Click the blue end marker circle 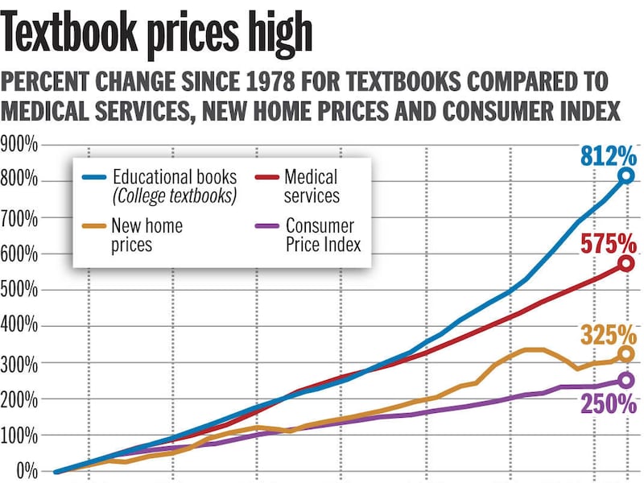(x=626, y=175)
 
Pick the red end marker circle (x=626, y=263)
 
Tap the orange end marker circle (x=626, y=353)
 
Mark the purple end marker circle (x=626, y=380)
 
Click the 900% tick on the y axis (x=19, y=146)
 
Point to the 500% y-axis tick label (x=19, y=290)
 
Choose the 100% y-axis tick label (x=19, y=435)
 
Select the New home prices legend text (x=147, y=233)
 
